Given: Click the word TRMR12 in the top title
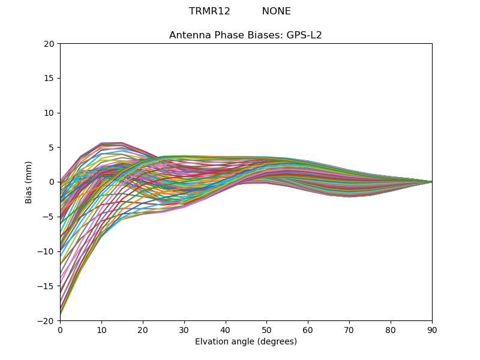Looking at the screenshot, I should point(209,11).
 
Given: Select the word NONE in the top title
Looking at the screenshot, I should point(276,11).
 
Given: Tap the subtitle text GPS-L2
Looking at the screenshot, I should point(307,35).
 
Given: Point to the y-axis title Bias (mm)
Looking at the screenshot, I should point(29,182).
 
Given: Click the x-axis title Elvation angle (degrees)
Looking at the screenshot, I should point(246,342).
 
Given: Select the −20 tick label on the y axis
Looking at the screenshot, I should point(46,321).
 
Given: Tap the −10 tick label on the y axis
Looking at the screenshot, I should point(46,251).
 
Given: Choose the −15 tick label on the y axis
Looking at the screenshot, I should point(46,286).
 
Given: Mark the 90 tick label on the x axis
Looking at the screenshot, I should point(432,329).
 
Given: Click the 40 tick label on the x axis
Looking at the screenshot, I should point(226,329).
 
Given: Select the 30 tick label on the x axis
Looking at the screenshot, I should point(184,329).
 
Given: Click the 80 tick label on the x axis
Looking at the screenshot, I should point(391,329).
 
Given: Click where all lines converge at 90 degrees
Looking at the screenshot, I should point(431,182).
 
